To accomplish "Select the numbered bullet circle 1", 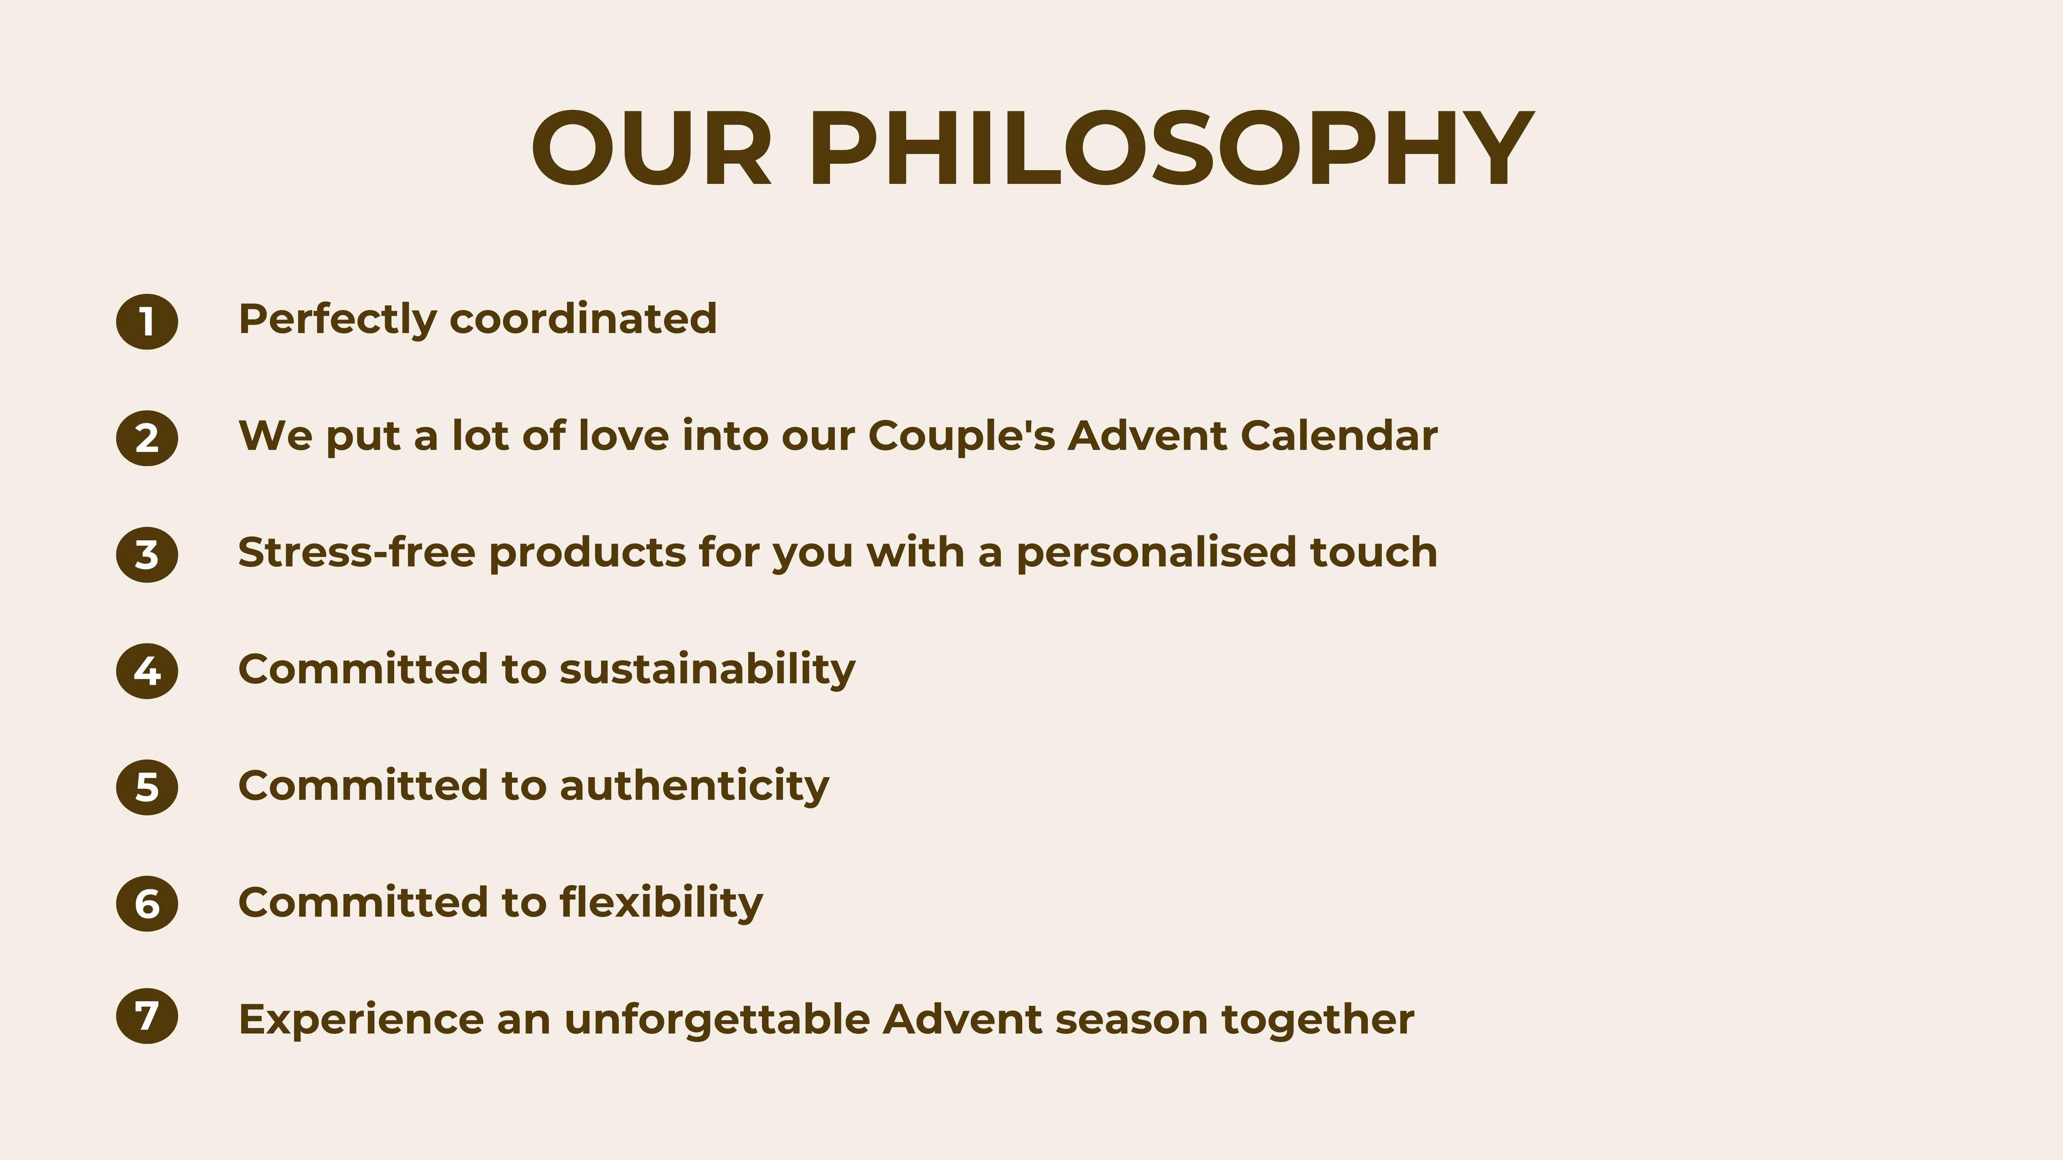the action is point(147,322).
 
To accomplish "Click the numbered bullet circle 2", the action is point(147,438).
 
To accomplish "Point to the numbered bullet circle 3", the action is point(147,555).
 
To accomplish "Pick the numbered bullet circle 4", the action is point(147,671).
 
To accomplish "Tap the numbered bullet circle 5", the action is point(147,787).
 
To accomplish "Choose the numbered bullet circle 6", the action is point(147,904).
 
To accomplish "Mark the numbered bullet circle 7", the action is point(147,1017).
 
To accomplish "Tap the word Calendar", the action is point(1339,436).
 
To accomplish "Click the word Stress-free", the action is point(356,553).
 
